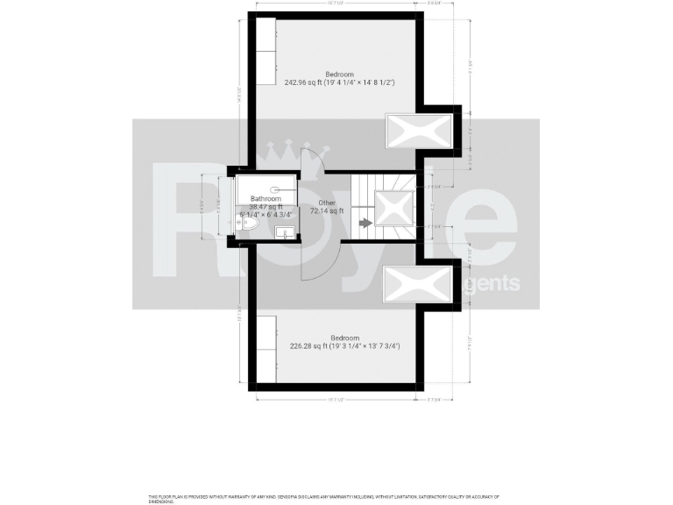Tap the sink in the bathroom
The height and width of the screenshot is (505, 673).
[x=285, y=232]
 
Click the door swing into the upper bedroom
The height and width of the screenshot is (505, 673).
[x=313, y=163]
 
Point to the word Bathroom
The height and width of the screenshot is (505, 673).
[x=266, y=199]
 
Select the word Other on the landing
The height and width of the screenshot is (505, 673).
[x=327, y=203]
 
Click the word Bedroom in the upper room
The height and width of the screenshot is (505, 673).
[x=340, y=74]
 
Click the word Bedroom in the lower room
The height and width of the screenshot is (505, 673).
[x=344, y=338]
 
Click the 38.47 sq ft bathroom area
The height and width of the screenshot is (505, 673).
[x=266, y=207]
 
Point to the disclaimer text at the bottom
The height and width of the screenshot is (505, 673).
[x=336, y=499]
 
